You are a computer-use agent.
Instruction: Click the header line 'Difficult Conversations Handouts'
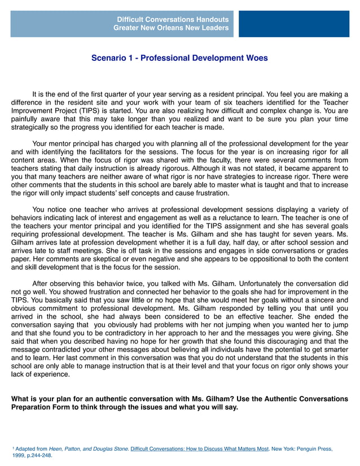tap(171, 19)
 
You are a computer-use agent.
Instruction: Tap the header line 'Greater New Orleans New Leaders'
tap(171, 28)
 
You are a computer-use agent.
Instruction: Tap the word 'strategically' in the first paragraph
tap(32, 128)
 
